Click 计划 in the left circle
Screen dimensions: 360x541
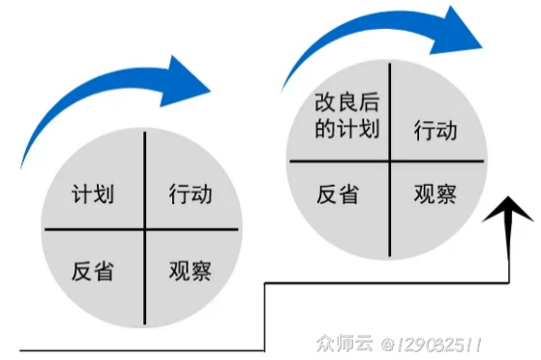93,195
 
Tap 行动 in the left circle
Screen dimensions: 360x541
191,195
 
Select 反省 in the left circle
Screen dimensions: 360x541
93,270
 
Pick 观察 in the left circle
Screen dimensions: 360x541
191,269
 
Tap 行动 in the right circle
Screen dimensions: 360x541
435,130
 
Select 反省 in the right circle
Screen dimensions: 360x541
338,194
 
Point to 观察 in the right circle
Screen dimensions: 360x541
435,194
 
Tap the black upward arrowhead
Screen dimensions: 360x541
510,213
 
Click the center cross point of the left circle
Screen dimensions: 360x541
143,229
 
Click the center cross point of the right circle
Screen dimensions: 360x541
389,161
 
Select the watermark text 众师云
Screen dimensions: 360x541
343,344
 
